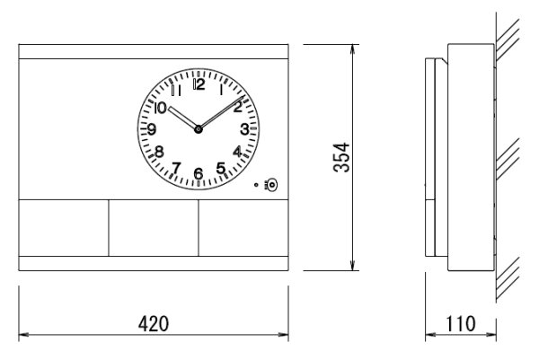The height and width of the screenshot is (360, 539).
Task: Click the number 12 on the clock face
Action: (x=199, y=85)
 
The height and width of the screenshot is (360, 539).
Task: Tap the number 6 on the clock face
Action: (x=199, y=173)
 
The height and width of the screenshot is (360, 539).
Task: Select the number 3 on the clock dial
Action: (x=243, y=129)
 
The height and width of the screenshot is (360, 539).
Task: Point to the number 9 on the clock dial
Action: (x=153, y=129)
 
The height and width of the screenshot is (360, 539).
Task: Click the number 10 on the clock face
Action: (x=160, y=107)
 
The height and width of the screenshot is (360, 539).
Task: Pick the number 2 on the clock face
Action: (x=237, y=107)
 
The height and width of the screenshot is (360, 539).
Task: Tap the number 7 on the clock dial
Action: (x=176, y=167)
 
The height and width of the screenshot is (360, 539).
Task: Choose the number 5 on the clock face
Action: (x=221, y=167)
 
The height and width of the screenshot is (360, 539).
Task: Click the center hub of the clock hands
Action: (x=199, y=129)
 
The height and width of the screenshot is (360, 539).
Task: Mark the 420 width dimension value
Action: (x=153, y=321)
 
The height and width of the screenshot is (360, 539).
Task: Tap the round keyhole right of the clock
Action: (x=271, y=186)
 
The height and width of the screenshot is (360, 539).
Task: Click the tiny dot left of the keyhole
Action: (x=258, y=186)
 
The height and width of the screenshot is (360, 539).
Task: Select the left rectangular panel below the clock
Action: (x=63, y=227)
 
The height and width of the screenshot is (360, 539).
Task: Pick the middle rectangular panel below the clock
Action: (x=153, y=227)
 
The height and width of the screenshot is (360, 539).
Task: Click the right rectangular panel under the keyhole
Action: (x=243, y=227)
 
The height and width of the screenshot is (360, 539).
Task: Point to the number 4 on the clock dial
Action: (x=237, y=152)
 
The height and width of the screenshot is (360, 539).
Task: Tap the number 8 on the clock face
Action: (x=159, y=152)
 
